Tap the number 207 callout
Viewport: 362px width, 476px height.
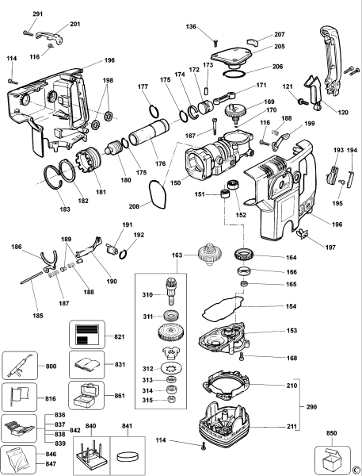coord(279,35)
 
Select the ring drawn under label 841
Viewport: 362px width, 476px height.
coord(126,459)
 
